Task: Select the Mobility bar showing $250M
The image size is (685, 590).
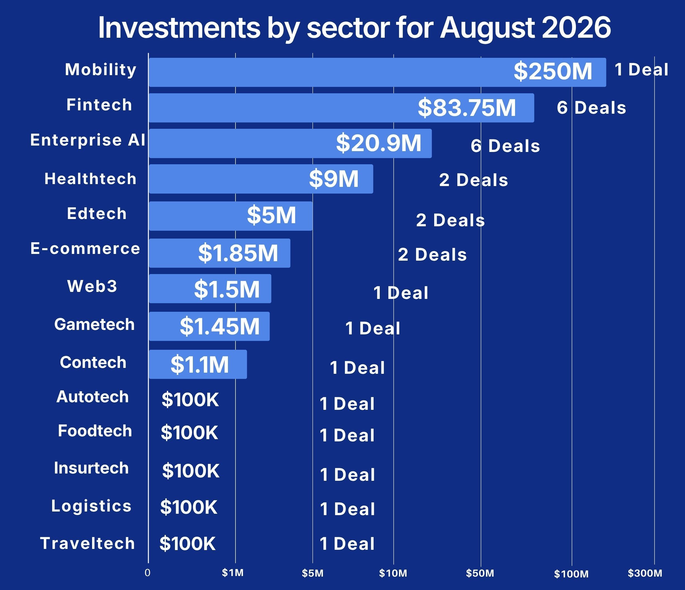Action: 378,72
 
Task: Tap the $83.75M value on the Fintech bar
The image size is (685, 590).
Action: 467,108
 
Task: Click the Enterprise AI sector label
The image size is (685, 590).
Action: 88,140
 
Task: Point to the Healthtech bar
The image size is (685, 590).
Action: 261,179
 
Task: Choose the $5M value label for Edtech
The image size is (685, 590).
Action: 271,215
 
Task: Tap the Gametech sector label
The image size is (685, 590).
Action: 95,324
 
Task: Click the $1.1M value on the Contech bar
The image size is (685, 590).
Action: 200,365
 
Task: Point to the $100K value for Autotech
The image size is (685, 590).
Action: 190,399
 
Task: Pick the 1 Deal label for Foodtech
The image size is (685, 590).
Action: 347,435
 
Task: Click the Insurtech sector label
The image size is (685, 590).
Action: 91,468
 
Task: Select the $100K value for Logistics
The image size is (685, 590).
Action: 189,507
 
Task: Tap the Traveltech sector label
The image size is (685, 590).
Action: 88,543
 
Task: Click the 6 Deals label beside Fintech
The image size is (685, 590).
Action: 592,108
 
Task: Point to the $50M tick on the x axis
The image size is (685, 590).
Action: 480,573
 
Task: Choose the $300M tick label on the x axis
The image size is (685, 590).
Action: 645,573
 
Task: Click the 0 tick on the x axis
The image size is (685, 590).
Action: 147,572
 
